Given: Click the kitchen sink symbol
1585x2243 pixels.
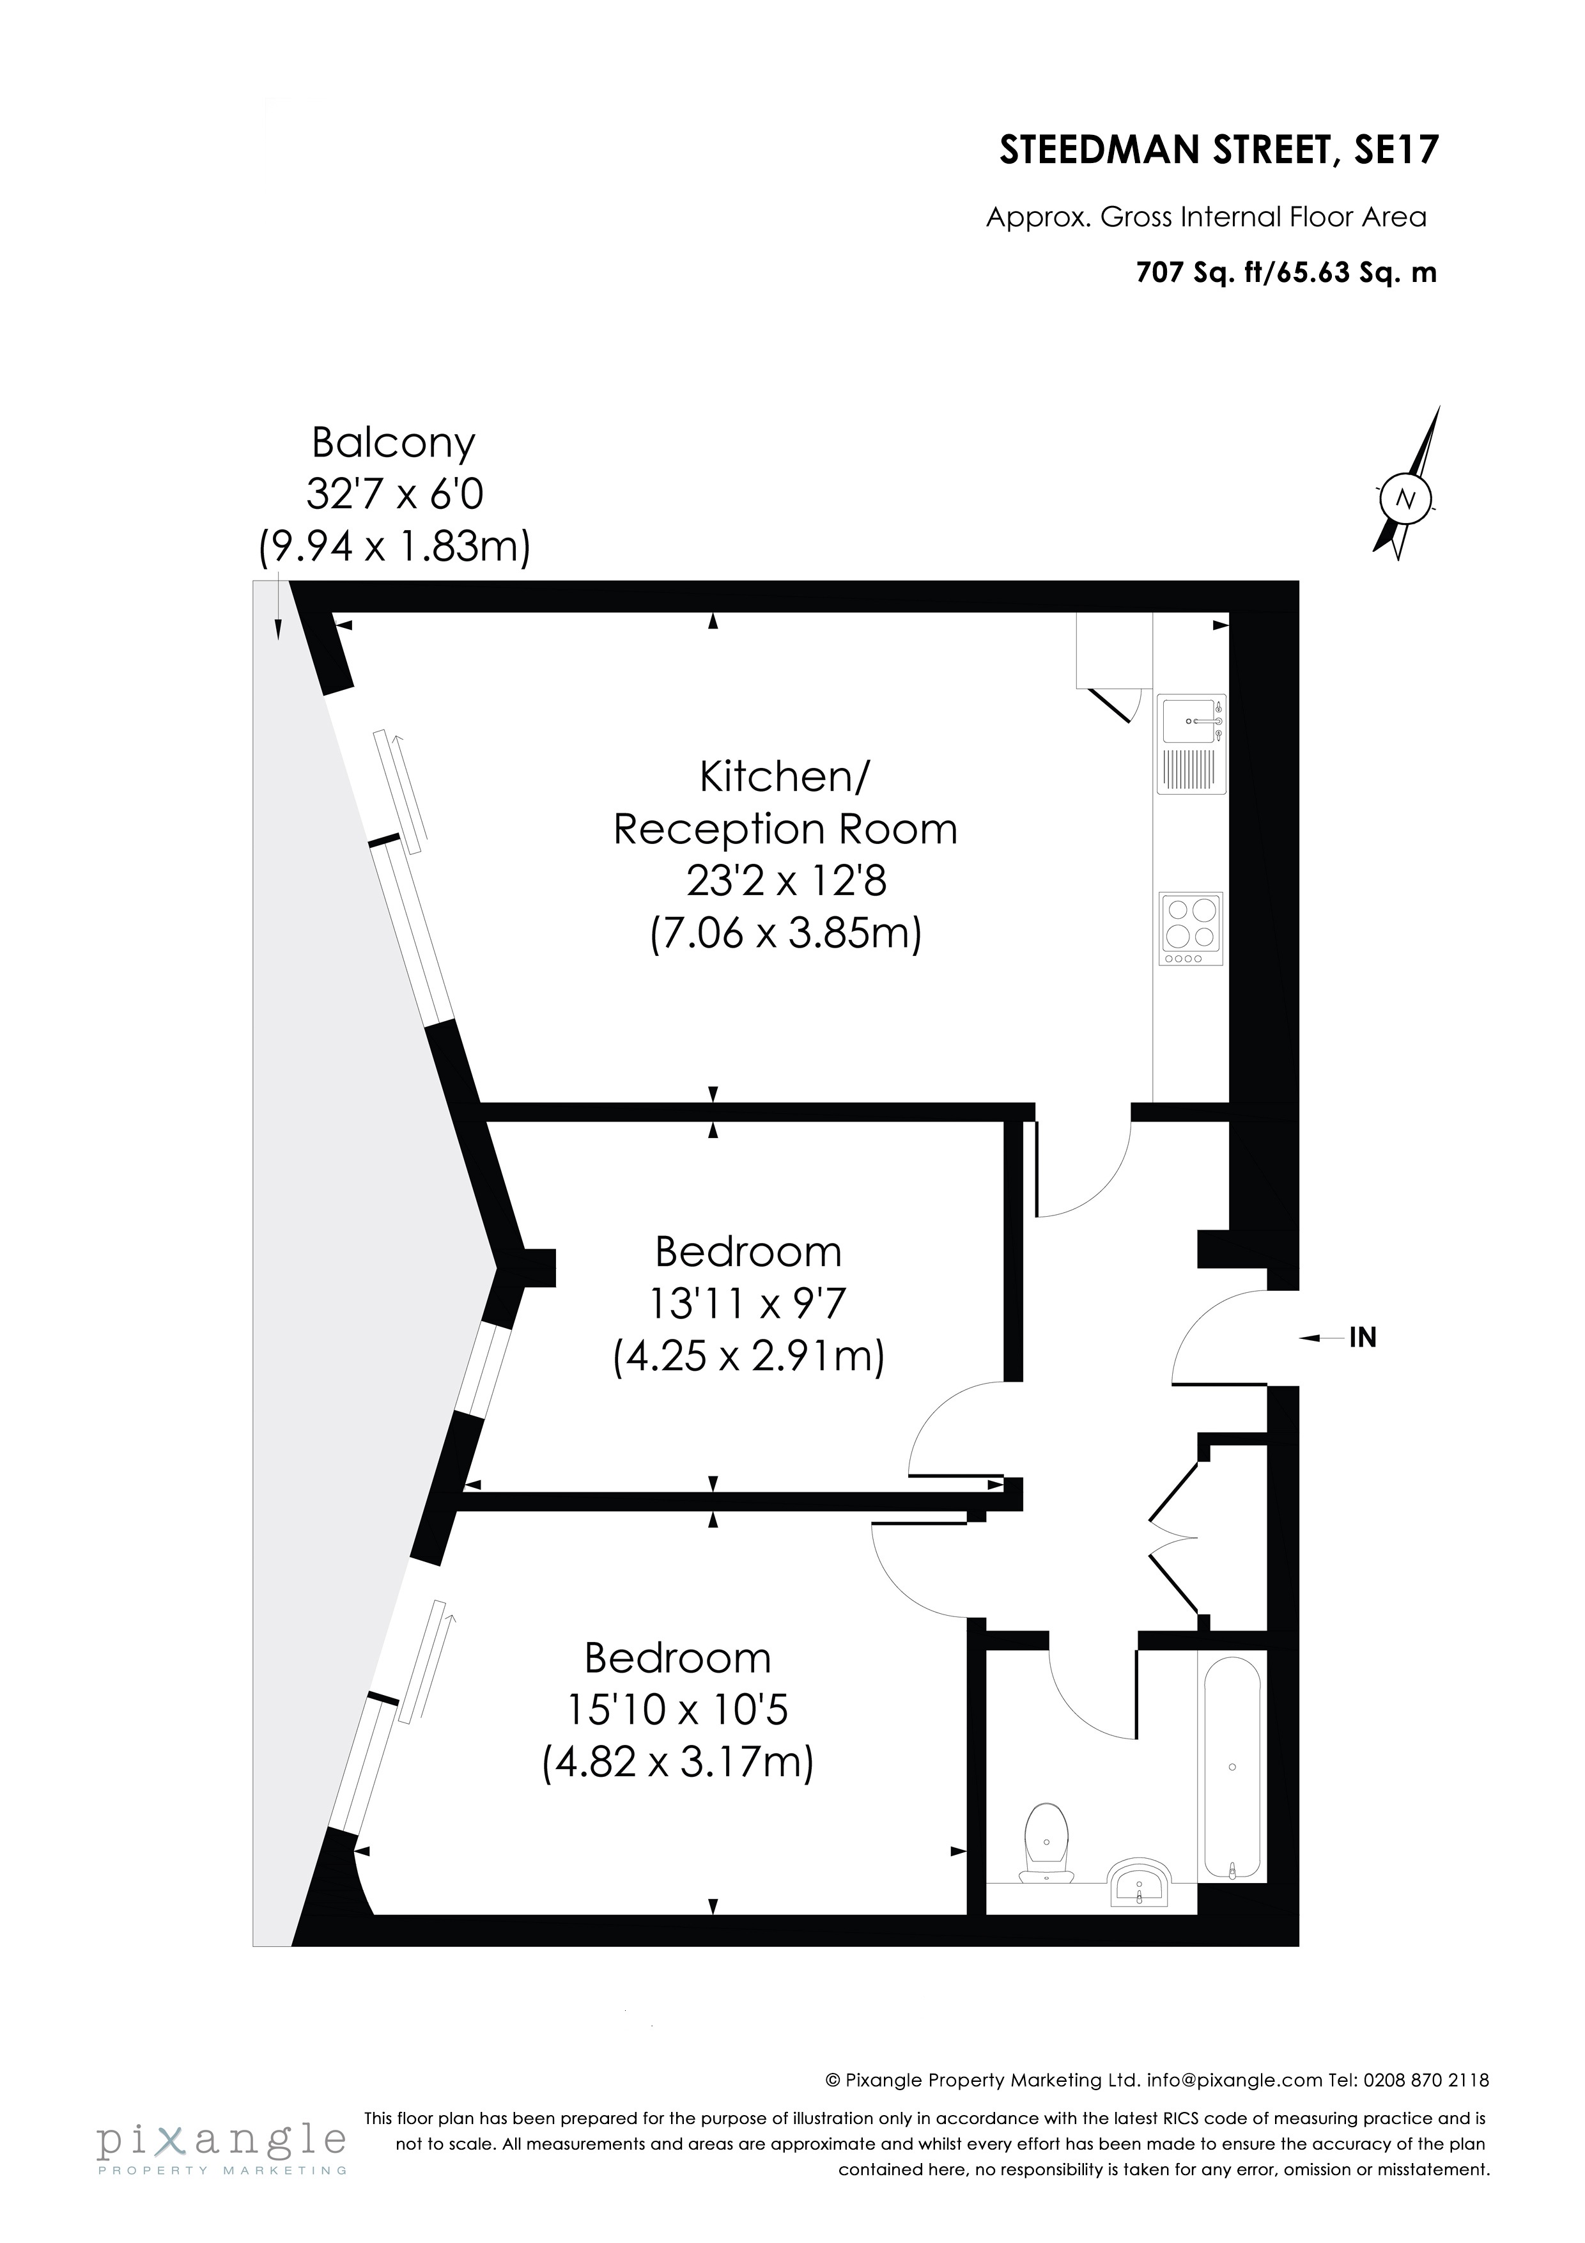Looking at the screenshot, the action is (1191, 744).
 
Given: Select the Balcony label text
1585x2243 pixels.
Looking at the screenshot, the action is (394, 444).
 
